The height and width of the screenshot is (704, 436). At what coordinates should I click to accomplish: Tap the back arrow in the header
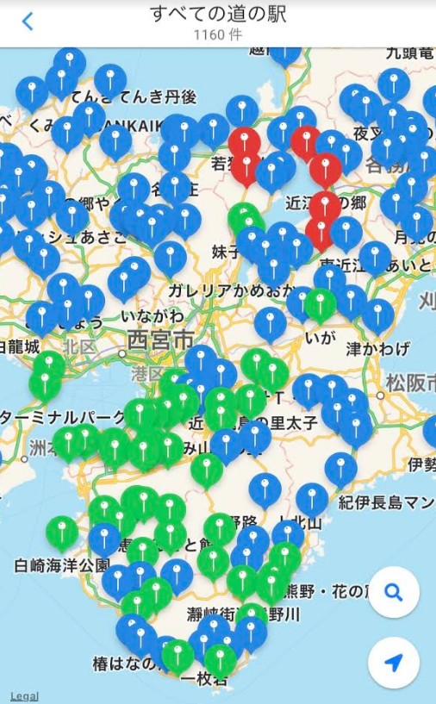(28, 22)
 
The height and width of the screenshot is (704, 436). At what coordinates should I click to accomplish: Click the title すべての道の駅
(218, 15)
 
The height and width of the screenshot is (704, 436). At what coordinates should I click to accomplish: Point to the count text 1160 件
(218, 35)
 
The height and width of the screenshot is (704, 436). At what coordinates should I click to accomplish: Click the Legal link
(23, 695)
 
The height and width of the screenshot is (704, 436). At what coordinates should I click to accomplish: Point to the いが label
(320, 337)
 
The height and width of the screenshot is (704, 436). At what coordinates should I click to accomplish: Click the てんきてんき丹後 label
(133, 96)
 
